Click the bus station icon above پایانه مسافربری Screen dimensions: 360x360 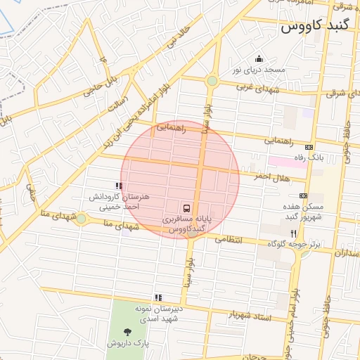(x=186, y=208)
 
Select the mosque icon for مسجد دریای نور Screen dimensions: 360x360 (x=259, y=58)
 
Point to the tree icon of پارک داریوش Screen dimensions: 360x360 (x=127, y=331)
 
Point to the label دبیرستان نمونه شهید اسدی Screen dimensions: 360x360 (x=159, y=314)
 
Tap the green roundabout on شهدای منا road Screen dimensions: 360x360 (x=82, y=219)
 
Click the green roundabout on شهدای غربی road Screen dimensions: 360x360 (x=212, y=82)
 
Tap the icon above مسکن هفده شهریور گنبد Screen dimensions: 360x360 (x=303, y=196)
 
